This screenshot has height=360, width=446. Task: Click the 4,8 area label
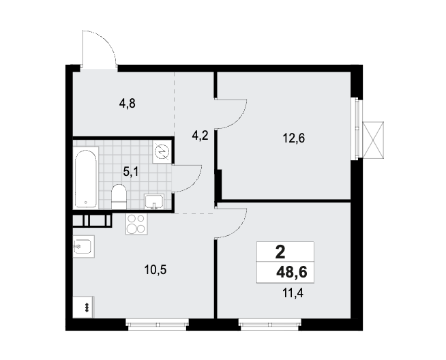128,104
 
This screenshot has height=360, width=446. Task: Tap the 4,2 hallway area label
200,136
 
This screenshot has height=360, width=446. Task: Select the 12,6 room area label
293,138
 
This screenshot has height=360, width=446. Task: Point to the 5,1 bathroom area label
131,171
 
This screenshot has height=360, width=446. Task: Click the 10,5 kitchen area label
155,269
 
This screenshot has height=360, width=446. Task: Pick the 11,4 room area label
293,292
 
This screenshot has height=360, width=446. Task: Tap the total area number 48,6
292,272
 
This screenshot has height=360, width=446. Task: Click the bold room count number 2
280,252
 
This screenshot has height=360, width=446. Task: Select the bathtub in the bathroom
86,178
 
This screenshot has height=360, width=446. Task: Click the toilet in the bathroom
119,196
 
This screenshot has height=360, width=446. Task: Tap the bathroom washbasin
154,202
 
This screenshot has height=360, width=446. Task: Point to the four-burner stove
136,224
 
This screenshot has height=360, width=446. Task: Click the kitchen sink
83,247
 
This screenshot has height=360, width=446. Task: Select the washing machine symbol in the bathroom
162,153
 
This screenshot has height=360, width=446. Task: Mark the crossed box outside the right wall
373,140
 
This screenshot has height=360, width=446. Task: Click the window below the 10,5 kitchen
158,325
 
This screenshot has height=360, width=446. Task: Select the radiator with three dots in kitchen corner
83,307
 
